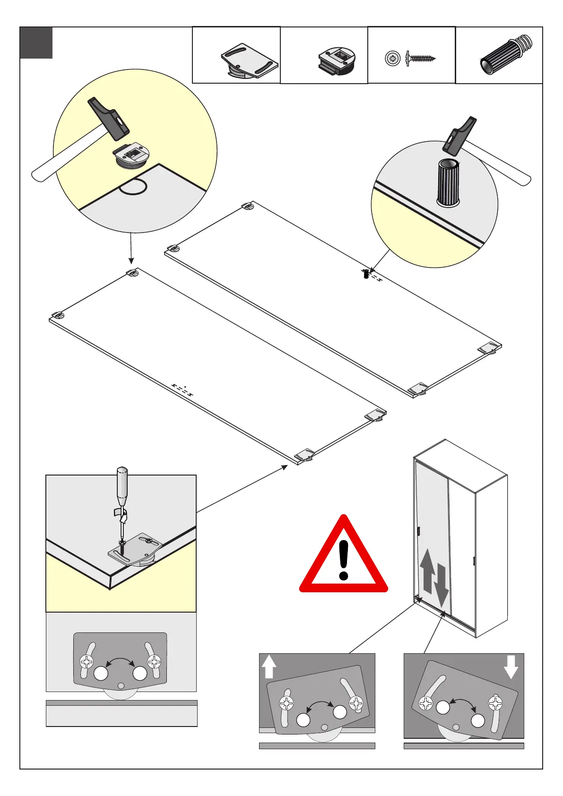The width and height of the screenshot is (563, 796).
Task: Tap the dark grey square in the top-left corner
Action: click(x=36, y=43)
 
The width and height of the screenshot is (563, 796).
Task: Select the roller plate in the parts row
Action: click(x=249, y=61)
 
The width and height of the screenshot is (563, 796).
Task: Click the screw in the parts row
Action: click(x=420, y=59)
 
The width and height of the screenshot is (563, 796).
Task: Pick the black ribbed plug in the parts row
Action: click(x=506, y=55)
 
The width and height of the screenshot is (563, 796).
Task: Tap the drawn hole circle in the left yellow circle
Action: click(x=133, y=187)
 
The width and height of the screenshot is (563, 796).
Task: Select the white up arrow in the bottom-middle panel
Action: click(x=269, y=666)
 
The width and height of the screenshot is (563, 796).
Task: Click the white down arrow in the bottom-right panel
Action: click(x=511, y=666)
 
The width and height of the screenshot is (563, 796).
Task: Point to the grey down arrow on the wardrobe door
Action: click(x=441, y=586)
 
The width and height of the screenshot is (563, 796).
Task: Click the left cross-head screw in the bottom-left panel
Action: click(x=87, y=661)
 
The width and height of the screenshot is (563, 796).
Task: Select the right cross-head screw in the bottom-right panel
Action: click(x=495, y=703)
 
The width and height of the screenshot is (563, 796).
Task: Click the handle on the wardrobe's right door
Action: click(x=474, y=561)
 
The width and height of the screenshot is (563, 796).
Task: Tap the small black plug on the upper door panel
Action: click(x=366, y=274)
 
